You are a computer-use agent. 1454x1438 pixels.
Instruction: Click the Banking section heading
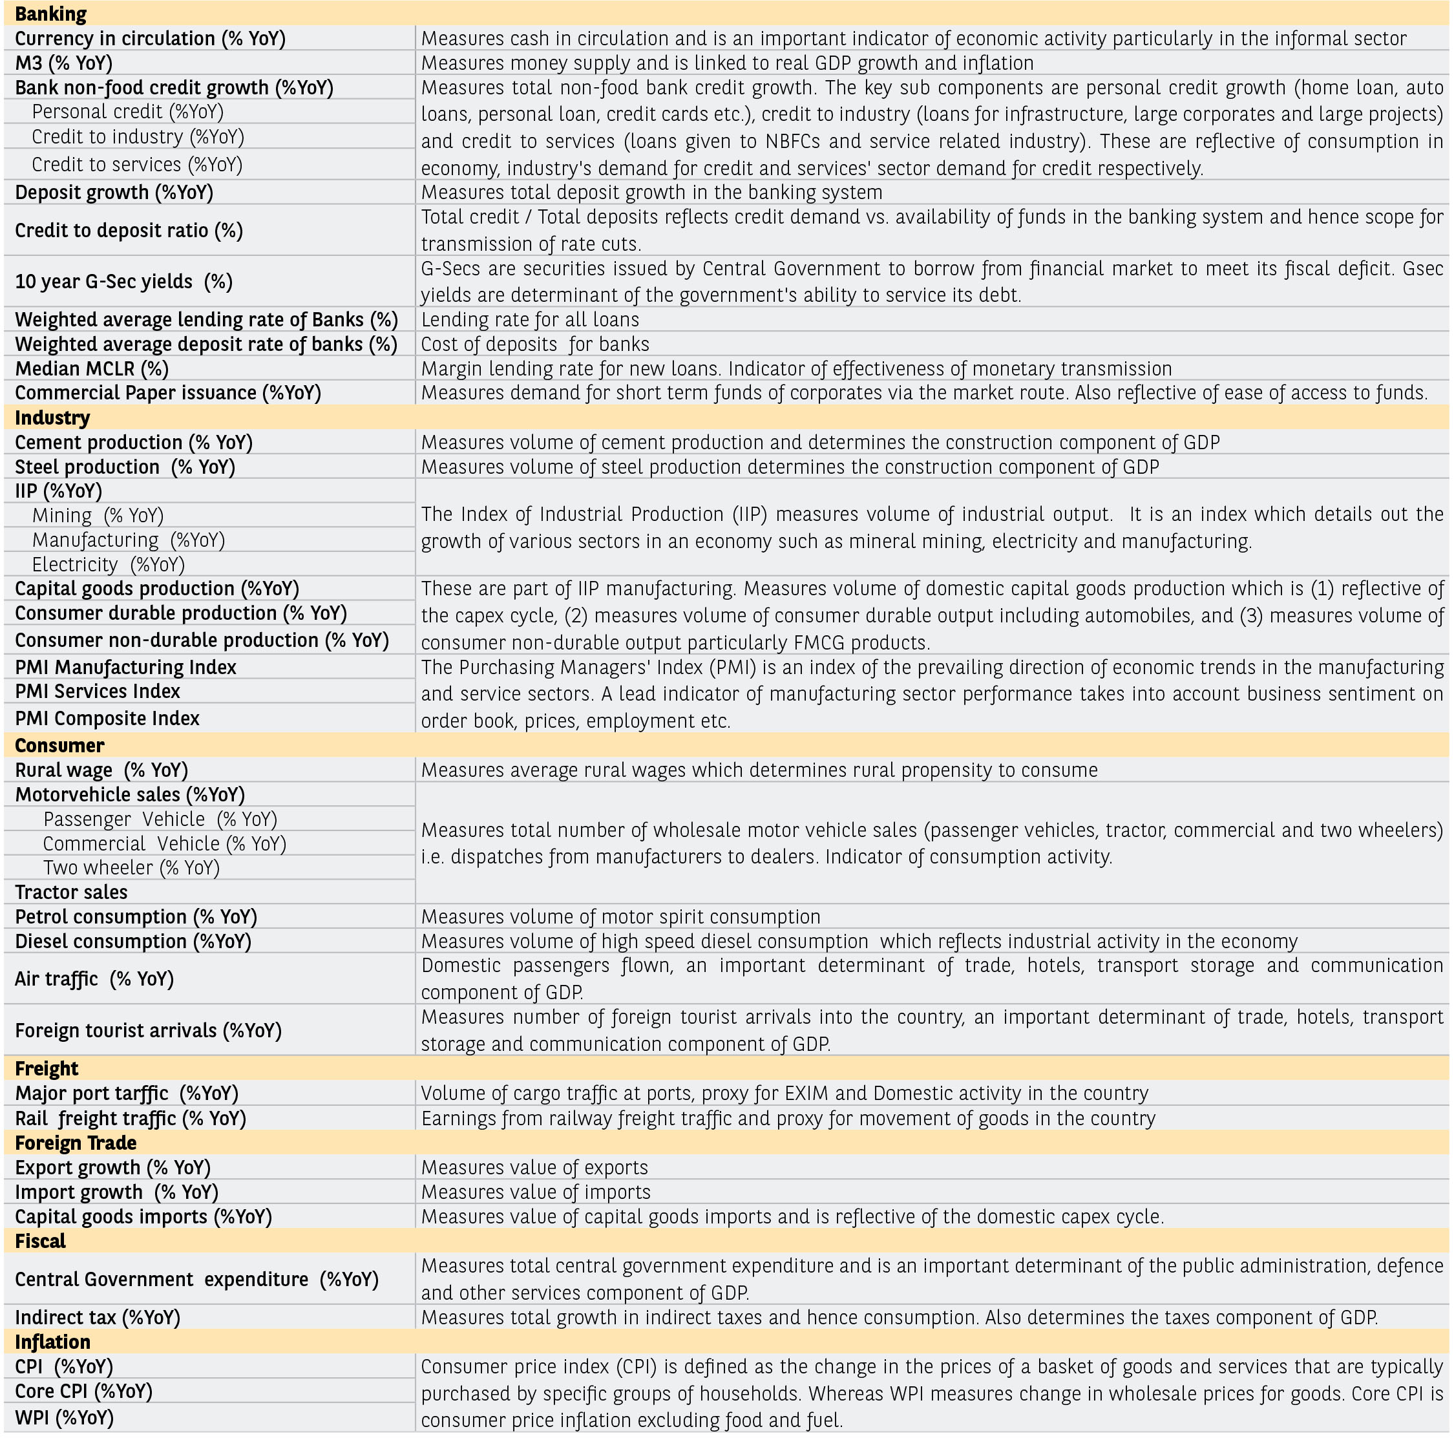pyautogui.click(x=50, y=14)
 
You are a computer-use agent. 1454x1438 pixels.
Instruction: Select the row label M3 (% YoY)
pyautogui.click(x=63, y=63)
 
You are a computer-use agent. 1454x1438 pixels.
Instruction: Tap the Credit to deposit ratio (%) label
pyautogui.click(x=129, y=230)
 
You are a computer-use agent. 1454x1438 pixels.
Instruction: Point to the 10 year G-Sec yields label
pyautogui.click(x=123, y=281)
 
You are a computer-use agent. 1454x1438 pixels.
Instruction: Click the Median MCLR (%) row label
pyautogui.click(x=92, y=369)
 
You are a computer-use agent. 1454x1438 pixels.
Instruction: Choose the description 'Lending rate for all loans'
pyautogui.click(x=530, y=320)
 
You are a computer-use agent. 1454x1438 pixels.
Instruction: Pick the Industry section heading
pyautogui.click(x=52, y=418)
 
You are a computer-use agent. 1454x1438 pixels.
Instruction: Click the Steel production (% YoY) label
pyautogui.click(x=125, y=467)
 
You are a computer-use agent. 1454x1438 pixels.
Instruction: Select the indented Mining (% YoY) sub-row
pyautogui.click(x=98, y=516)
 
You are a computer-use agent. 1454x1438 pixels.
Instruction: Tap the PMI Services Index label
pyautogui.click(x=98, y=692)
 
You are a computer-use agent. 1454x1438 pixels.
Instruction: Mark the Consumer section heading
pyautogui.click(x=59, y=746)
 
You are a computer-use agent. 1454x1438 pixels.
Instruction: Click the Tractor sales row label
pyautogui.click(x=72, y=893)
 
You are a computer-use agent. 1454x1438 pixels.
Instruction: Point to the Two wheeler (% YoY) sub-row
pyautogui.click(x=131, y=867)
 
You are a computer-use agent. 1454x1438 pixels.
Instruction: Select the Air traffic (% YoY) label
pyautogui.click(x=94, y=979)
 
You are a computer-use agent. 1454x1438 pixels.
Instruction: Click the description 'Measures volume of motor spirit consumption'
pyautogui.click(x=620, y=916)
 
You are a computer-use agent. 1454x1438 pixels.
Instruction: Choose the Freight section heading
pyautogui.click(x=47, y=1068)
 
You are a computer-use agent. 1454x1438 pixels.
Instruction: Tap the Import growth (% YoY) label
pyautogui.click(x=117, y=1192)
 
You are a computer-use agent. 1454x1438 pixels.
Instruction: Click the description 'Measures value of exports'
pyautogui.click(x=534, y=1167)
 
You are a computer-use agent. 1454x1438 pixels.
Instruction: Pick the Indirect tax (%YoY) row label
pyautogui.click(x=98, y=1318)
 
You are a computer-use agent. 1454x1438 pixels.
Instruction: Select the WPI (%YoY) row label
pyautogui.click(x=65, y=1418)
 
